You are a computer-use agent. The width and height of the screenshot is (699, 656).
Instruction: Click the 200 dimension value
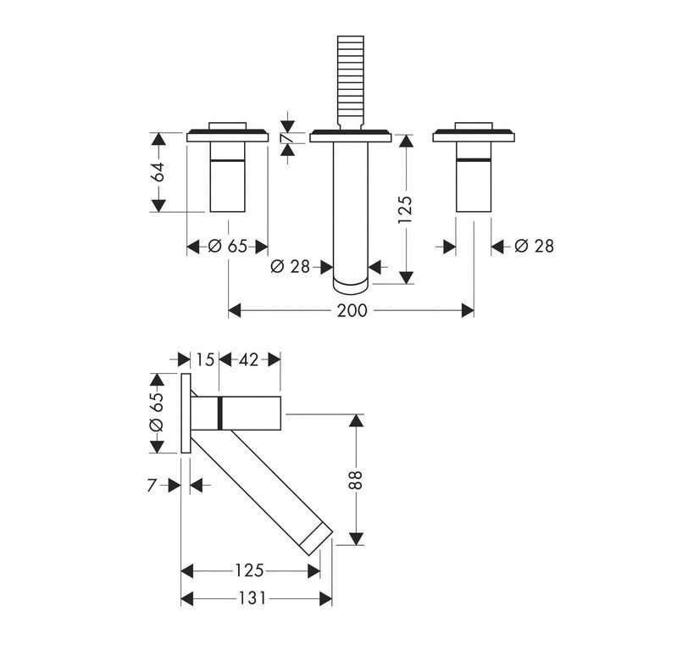(x=352, y=310)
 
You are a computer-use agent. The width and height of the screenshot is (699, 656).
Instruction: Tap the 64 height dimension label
(x=158, y=172)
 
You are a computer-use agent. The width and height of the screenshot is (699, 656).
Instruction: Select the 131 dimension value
(x=252, y=598)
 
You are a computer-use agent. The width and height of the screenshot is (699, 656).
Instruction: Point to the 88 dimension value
(x=356, y=480)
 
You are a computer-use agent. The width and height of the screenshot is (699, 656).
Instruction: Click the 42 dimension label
(x=249, y=359)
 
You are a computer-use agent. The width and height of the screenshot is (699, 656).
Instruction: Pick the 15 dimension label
(x=205, y=359)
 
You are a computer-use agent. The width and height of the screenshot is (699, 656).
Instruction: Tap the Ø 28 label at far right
(x=534, y=246)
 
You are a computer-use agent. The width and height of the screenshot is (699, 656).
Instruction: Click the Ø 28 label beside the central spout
(x=290, y=267)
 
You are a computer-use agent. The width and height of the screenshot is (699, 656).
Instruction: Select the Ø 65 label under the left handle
(x=227, y=246)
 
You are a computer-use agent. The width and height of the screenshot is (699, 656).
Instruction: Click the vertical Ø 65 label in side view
(x=157, y=412)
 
